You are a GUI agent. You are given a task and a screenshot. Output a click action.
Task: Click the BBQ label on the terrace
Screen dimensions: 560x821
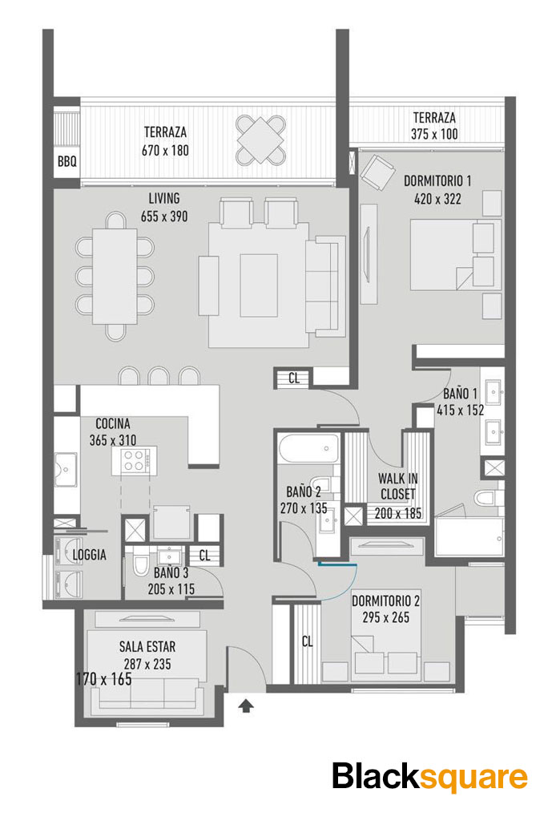tap(67, 162)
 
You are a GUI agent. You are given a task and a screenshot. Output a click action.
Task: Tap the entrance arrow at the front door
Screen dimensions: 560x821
tap(246, 706)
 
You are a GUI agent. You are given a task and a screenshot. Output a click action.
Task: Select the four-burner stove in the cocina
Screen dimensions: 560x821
tap(134, 461)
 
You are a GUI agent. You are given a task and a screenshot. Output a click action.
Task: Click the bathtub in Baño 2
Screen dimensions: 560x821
tap(307, 449)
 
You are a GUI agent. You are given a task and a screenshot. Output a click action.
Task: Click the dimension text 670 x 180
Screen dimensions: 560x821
tap(165, 150)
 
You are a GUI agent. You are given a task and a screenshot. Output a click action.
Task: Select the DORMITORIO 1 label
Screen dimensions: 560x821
tap(437, 181)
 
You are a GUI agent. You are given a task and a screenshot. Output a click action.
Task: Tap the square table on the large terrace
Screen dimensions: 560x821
tap(260, 140)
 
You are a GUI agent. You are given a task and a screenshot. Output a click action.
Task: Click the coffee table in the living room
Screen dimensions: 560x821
tap(259, 285)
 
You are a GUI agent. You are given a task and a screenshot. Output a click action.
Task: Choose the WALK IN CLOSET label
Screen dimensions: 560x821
tap(397, 487)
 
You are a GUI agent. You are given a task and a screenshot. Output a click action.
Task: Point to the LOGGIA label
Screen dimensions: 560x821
tap(90, 555)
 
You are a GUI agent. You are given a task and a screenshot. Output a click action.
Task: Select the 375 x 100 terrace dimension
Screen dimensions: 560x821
tap(434, 134)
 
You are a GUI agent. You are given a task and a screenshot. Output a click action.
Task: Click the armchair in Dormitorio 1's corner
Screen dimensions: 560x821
tap(377, 172)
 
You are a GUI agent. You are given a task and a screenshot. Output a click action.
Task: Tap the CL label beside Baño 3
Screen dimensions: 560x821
tap(204, 556)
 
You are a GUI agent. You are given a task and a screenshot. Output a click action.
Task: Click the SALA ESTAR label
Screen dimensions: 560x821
tap(147, 647)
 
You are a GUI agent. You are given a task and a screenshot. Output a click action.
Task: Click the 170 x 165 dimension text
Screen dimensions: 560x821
tap(103, 679)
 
